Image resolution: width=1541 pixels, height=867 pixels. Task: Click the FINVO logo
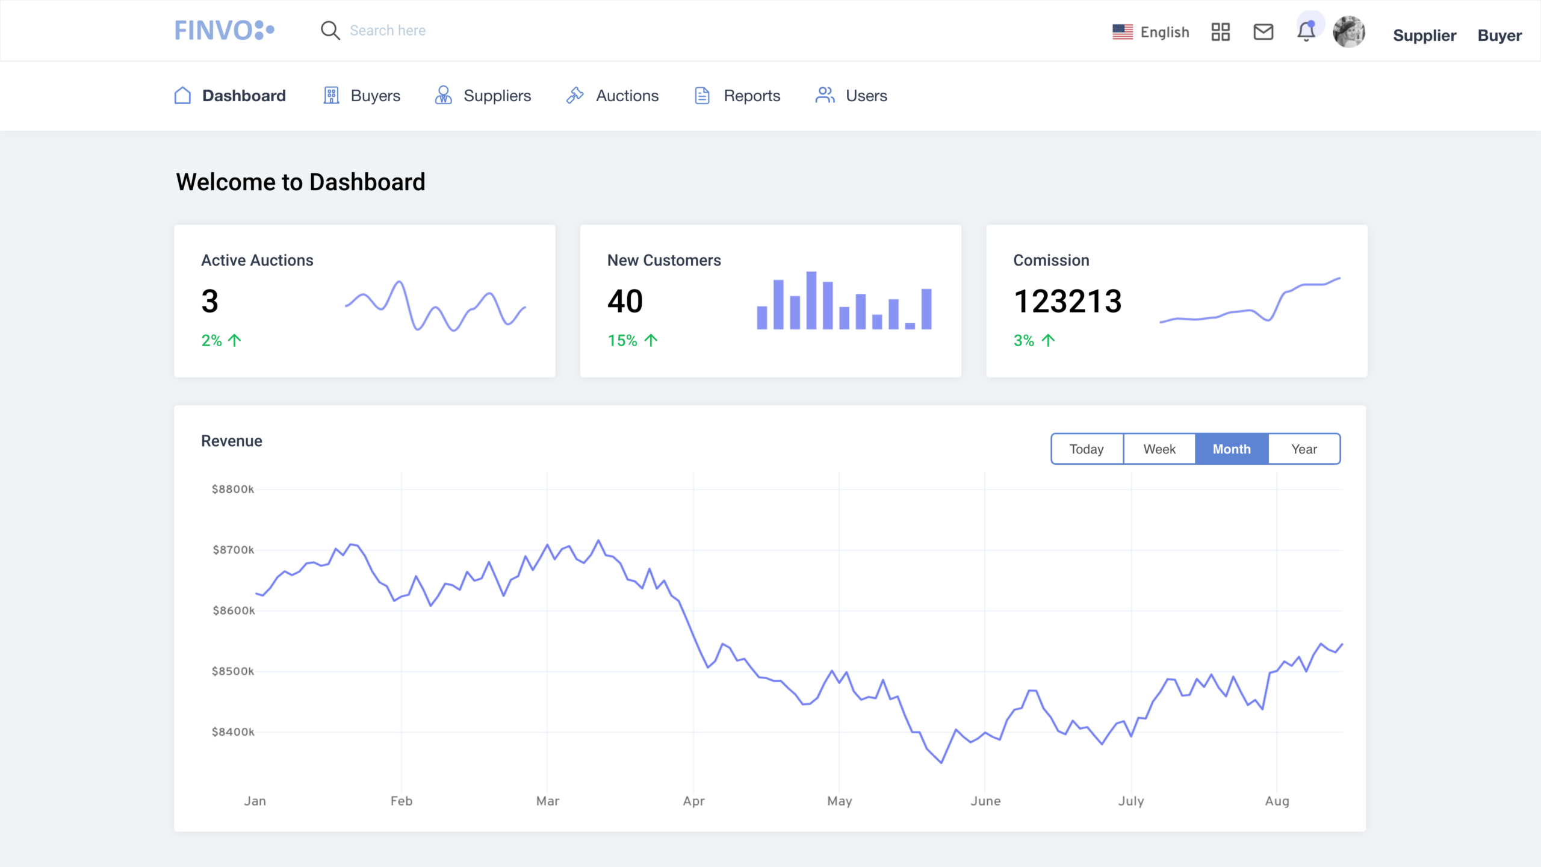click(224, 30)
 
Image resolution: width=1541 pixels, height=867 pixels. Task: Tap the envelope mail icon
click(1263, 32)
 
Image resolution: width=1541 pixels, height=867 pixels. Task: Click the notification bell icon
click(1306, 31)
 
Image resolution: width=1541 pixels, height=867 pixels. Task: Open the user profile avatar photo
click(1348, 32)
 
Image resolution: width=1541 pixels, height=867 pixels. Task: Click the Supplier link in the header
click(1424, 36)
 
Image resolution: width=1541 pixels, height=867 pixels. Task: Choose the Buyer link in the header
click(1499, 36)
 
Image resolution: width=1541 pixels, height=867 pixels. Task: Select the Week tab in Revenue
click(1159, 449)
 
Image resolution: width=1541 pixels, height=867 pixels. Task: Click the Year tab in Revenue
click(1304, 449)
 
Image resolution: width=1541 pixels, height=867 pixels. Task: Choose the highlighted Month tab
click(1232, 449)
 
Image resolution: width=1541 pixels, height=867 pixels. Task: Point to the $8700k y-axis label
click(233, 550)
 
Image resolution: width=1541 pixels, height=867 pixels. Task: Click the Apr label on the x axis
click(693, 801)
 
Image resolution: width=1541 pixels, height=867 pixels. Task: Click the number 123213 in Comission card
click(1067, 301)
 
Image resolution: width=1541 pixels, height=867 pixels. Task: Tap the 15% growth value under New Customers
click(622, 341)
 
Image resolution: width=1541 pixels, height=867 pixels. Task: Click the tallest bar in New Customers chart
click(811, 300)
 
